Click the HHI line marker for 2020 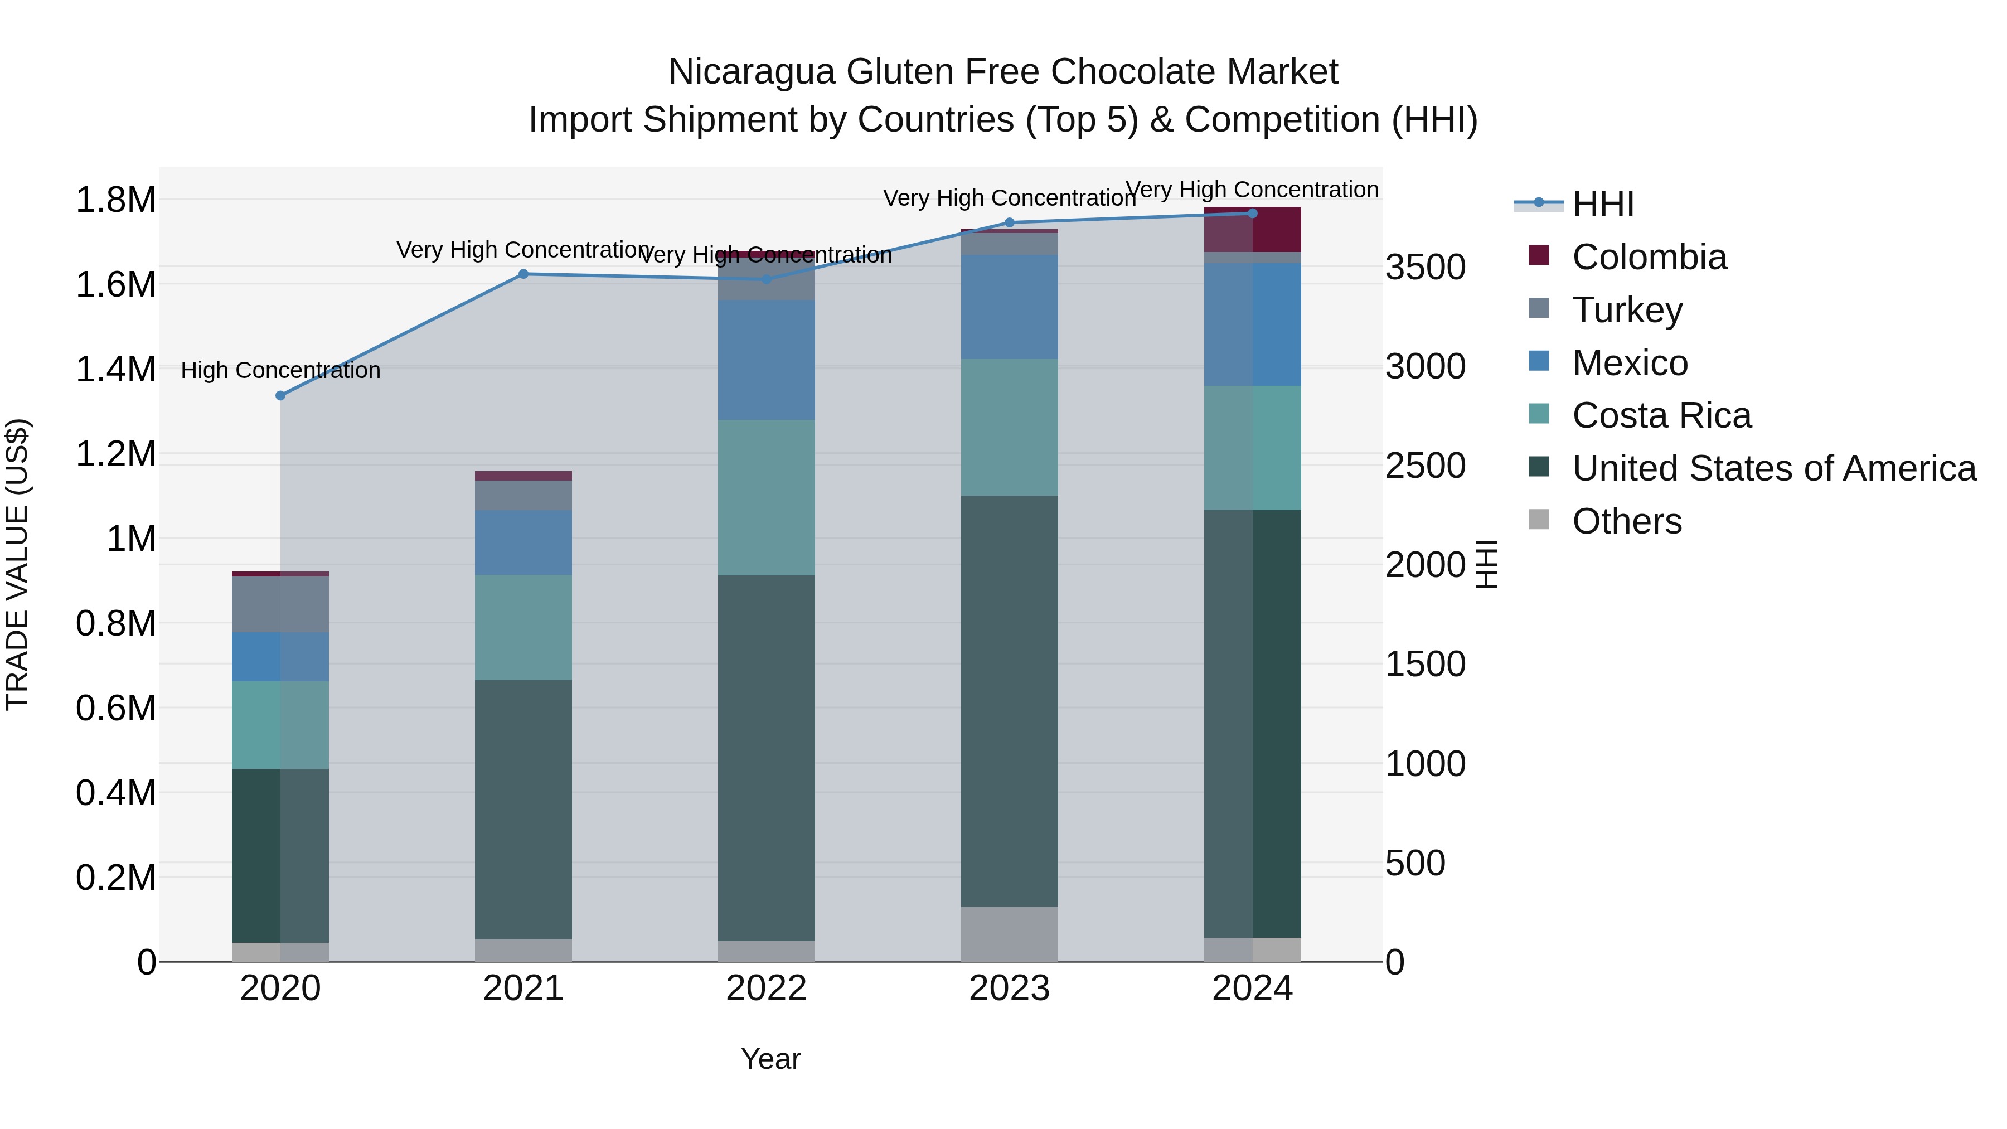[280, 396]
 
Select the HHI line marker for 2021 [523, 274]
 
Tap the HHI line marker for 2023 [1010, 223]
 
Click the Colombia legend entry [1649, 257]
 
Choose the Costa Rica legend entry [1661, 415]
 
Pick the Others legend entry [1627, 521]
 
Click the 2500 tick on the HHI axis [1425, 466]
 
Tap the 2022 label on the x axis [766, 989]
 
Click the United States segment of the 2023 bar [1010, 701]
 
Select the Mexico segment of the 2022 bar [766, 360]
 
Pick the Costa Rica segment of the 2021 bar [523, 627]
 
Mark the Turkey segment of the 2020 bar [280, 604]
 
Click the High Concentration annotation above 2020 [280, 370]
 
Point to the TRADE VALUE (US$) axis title [17, 564]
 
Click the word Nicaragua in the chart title [751, 72]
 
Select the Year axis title [770, 1059]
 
